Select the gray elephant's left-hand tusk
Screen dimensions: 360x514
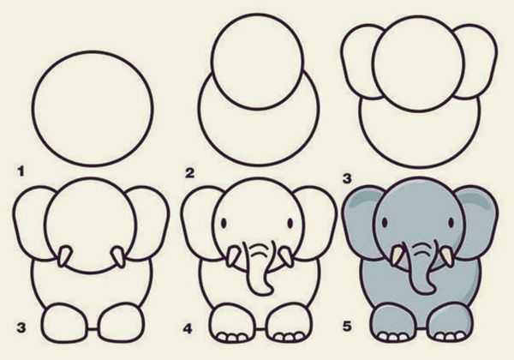[x=396, y=255]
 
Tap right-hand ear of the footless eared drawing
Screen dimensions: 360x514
[x=475, y=65]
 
